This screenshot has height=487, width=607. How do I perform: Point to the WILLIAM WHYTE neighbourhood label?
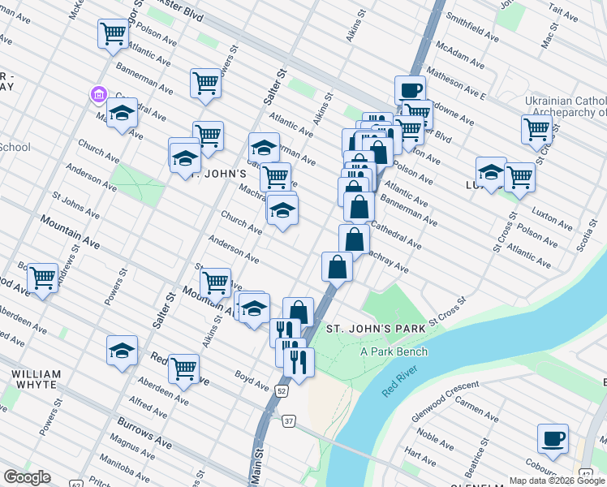(x=36, y=380)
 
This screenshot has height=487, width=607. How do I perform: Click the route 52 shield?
(x=281, y=390)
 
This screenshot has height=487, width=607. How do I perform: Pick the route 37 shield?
(x=288, y=421)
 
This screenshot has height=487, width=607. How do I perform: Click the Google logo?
(x=27, y=477)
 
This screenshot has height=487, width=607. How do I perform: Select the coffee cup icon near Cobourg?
(x=553, y=438)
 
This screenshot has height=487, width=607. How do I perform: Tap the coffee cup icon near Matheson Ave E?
(x=410, y=89)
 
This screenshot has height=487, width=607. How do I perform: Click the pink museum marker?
(x=98, y=95)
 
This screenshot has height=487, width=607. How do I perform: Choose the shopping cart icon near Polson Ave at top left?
(x=113, y=34)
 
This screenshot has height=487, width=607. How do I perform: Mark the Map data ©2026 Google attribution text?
(x=557, y=481)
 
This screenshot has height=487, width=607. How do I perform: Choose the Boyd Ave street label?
(x=252, y=377)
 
